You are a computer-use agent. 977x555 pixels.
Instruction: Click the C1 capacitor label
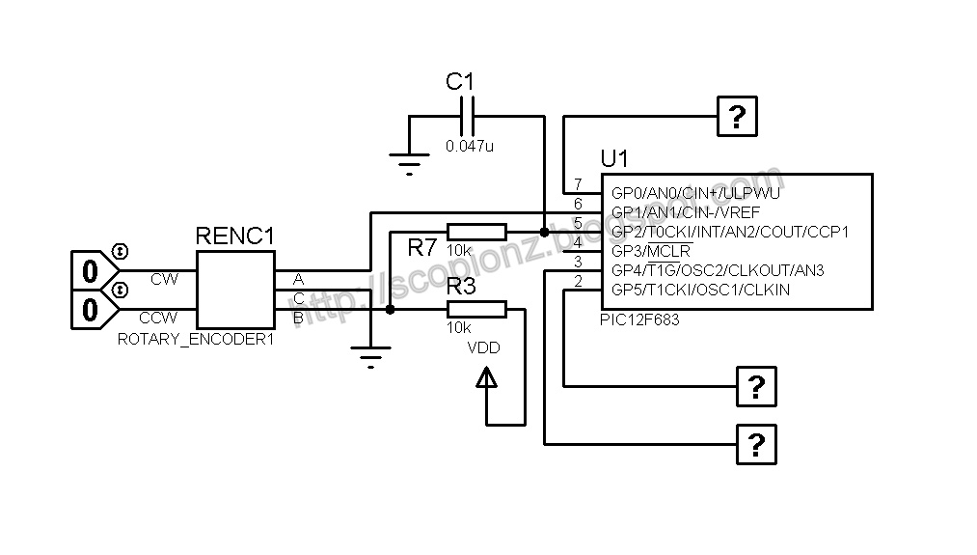coord(461,82)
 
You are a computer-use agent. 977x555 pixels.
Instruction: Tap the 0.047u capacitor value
coord(470,146)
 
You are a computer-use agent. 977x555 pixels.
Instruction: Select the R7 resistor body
coord(476,232)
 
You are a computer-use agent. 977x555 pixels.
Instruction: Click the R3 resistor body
coord(476,309)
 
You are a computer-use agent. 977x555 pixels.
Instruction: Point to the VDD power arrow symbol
coord(488,380)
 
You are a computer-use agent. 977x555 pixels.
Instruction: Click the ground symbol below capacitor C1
coord(410,164)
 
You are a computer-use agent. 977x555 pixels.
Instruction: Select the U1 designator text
coord(614,157)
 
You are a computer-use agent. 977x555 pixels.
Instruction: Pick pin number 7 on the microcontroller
coord(578,184)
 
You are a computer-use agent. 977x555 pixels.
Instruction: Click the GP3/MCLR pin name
coord(650,251)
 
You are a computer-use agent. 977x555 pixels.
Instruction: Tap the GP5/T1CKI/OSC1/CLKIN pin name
coord(700,290)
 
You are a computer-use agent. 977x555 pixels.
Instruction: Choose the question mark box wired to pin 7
coord(737,117)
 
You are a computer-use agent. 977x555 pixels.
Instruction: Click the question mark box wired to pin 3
coord(756,445)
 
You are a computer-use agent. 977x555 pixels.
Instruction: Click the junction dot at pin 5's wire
coord(544,232)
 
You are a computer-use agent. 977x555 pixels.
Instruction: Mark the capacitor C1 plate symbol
coord(468,117)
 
